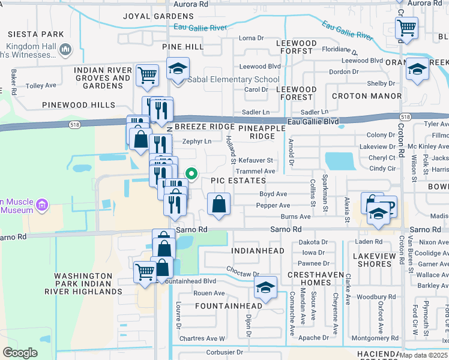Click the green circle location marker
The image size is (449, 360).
pos(191,175)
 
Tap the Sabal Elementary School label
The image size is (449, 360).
pos(234,79)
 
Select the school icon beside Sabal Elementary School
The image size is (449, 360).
pos(178,70)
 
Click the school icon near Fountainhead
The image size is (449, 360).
pos(265,289)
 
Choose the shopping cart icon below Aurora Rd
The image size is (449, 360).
pos(407,28)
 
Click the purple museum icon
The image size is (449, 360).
pos(42,206)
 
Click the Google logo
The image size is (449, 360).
pos(20,353)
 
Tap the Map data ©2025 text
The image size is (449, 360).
pos(423,355)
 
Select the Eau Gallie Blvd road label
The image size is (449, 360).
pos(313,121)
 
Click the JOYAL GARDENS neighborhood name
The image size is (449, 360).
pos(158,16)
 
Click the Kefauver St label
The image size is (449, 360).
pos(256,161)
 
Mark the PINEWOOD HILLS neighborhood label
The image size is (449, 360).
pos(79,105)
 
